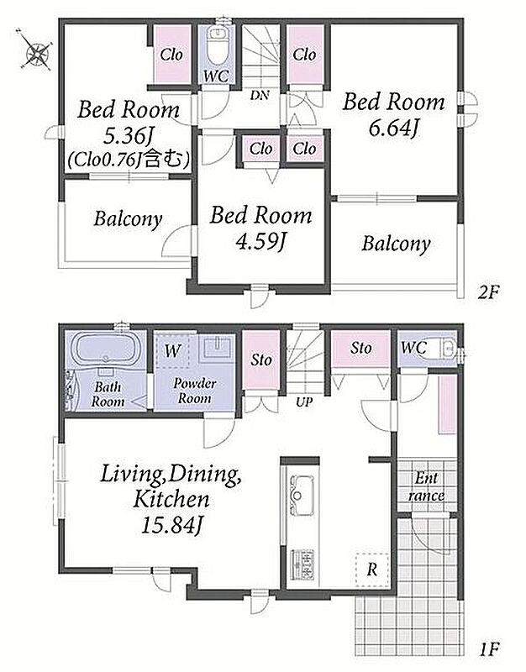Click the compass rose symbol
(x=37, y=53)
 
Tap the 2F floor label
(x=490, y=292)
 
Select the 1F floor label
(x=490, y=648)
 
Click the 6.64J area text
(x=393, y=129)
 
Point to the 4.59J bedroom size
(x=260, y=241)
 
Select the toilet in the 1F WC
(x=446, y=349)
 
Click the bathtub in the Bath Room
(x=106, y=349)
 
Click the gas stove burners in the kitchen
(x=302, y=564)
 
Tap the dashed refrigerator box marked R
(x=372, y=570)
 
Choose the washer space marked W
(x=173, y=351)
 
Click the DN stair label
(x=260, y=95)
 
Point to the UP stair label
(x=303, y=402)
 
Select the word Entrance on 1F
(x=426, y=487)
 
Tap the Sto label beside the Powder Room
(x=261, y=360)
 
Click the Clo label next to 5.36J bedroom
(x=171, y=55)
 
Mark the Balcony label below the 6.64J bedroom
(x=396, y=244)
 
